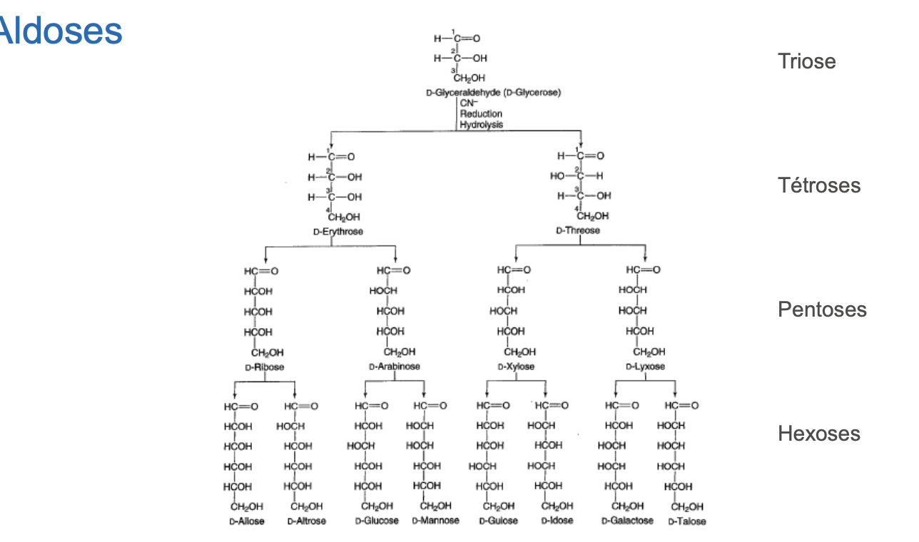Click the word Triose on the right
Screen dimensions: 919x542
coord(806,61)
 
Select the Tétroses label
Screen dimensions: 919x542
coord(819,185)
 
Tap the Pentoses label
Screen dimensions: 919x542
coord(822,310)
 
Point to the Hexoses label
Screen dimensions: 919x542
coord(818,434)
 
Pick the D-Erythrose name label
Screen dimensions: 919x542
coord(337,232)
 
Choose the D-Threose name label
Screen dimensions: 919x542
coord(578,230)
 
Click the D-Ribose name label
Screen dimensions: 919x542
coord(264,367)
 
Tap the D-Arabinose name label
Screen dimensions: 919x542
coord(395,367)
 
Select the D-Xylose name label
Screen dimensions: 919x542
coord(516,367)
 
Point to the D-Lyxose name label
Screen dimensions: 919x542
coord(645,367)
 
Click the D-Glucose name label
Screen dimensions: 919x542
coord(377,521)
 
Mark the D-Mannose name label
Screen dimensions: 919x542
coord(435,521)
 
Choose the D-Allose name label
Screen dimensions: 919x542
coord(246,521)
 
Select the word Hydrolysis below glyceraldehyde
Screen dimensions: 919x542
coord(481,124)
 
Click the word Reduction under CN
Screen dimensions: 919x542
coord(481,113)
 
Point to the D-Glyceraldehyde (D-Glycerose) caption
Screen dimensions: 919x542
coord(493,93)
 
